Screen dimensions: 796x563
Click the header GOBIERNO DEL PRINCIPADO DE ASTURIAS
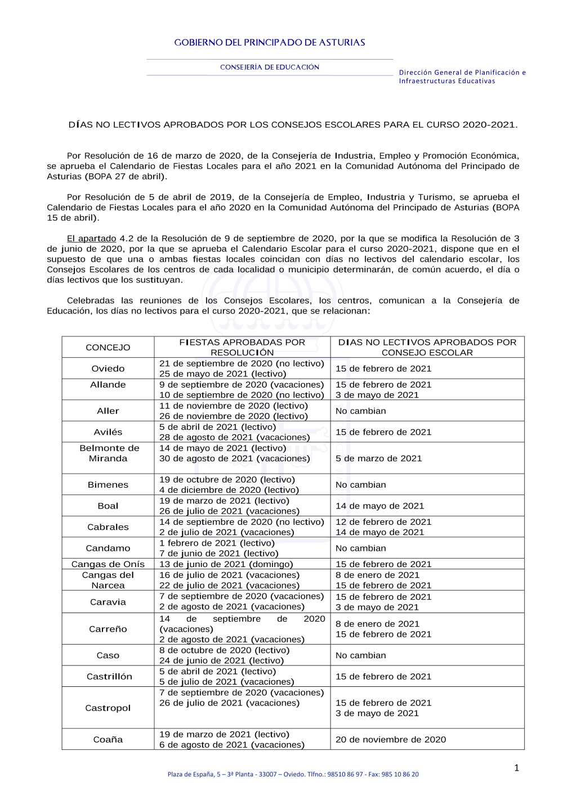[x=270, y=43]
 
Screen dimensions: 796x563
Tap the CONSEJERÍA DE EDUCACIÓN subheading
[x=270, y=68]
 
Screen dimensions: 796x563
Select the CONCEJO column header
[x=108, y=348]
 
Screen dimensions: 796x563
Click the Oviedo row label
[x=108, y=369]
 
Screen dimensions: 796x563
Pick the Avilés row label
[x=108, y=432]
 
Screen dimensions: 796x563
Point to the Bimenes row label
[x=108, y=485]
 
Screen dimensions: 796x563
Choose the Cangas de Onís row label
[x=108, y=564]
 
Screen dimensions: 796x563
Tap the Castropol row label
[x=108, y=708]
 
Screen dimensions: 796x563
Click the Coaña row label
[x=108, y=740]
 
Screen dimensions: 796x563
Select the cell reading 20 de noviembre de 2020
[x=391, y=740]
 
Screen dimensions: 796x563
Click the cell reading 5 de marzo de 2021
[x=379, y=458]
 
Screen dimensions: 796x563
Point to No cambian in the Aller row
[x=361, y=411]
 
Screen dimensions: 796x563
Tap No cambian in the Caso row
[x=361, y=656]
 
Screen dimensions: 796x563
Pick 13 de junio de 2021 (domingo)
[x=226, y=564]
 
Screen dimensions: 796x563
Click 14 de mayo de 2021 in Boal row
[x=380, y=506]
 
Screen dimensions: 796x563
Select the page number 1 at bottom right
[x=517, y=768]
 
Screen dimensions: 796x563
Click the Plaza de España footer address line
[x=293, y=775]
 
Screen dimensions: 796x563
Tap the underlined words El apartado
[x=92, y=239]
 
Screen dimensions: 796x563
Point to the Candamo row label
[x=108, y=548]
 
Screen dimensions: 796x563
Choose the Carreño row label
[x=108, y=629]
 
